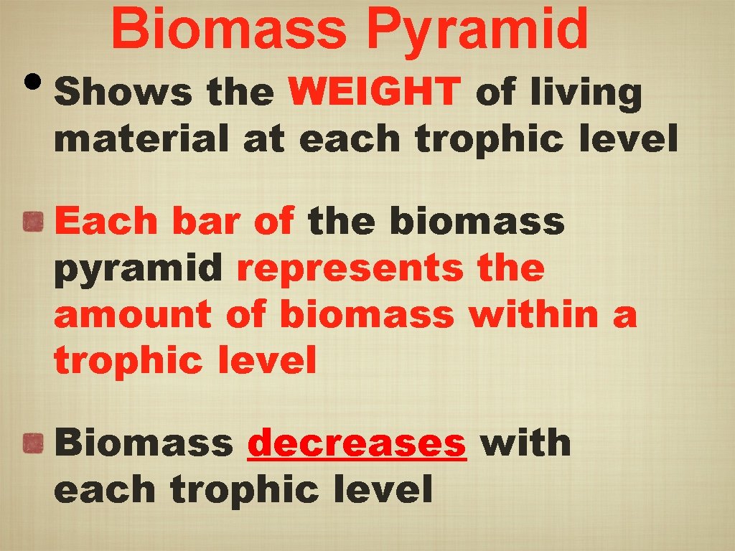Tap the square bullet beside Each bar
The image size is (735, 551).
[x=34, y=223]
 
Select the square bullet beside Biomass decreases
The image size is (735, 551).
[x=34, y=444]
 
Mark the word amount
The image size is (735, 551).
[x=133, y=315]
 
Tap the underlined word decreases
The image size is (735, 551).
[x=357, y=443]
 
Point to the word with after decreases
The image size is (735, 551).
[x=525, y=443]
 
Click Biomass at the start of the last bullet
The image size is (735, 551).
[x=144, y=443]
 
